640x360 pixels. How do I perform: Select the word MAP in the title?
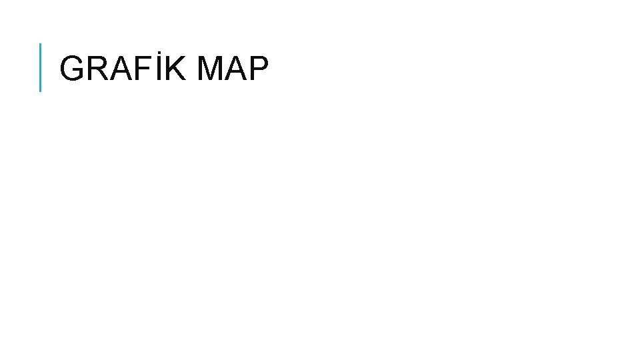click(233, 69)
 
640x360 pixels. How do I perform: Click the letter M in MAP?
click(211, 69)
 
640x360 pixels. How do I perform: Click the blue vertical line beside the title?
click(41, 67)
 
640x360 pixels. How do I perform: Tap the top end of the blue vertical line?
click(41, 44)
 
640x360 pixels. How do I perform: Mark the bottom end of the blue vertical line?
click(41, 90)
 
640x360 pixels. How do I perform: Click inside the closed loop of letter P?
click(259, 63)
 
